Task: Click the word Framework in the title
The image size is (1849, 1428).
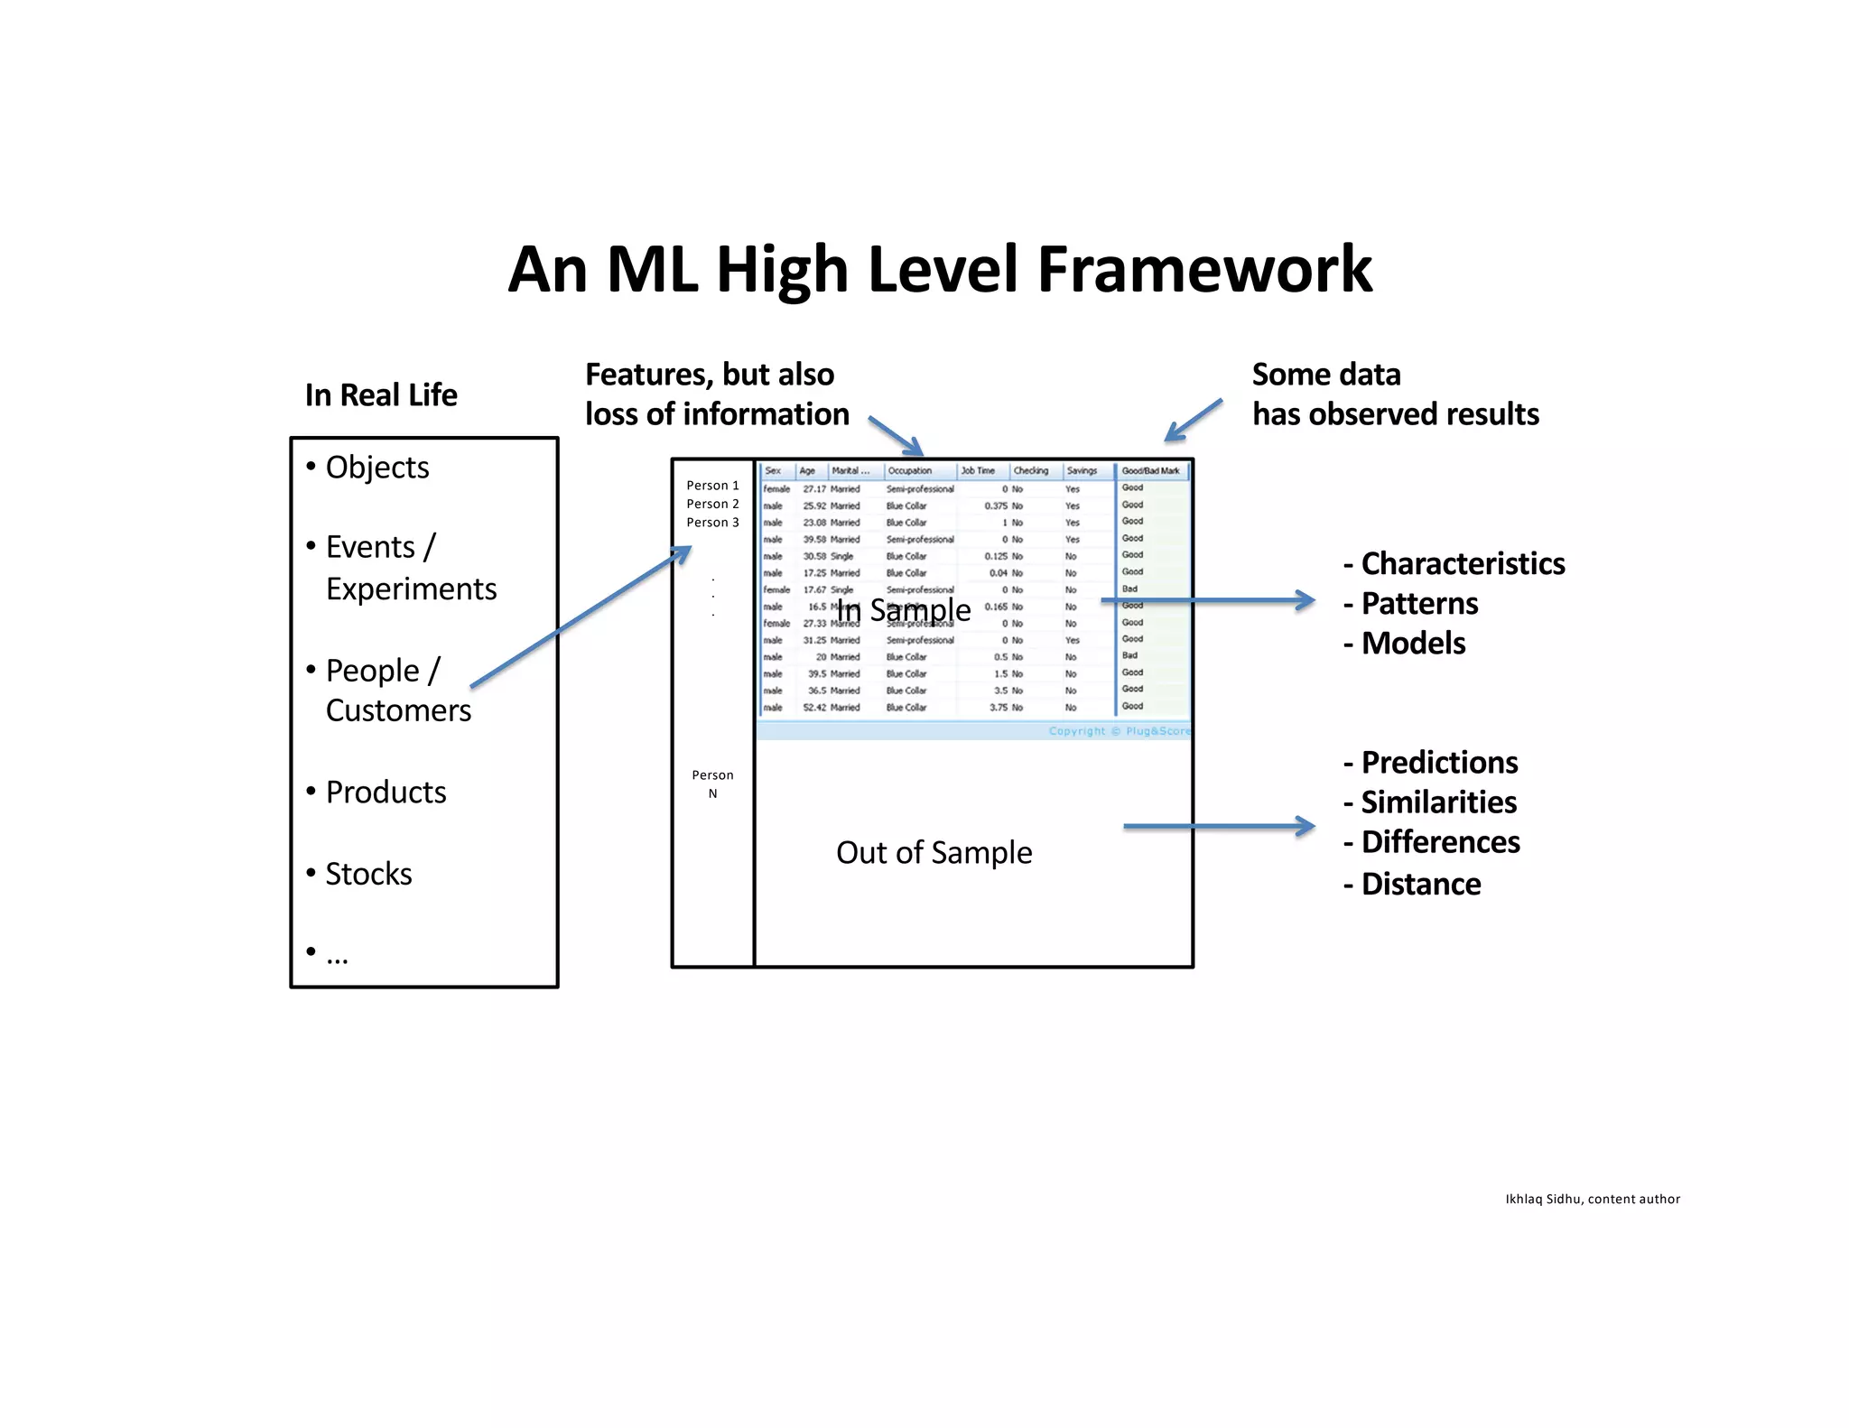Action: click(x=1204, y=270)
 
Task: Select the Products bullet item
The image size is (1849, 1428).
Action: click(x=386, y=792)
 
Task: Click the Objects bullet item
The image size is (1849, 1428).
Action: click(x=376, y=467)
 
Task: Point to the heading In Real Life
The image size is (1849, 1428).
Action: click(x=381, y=395)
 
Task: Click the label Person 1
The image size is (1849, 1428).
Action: click(x=712, y=486)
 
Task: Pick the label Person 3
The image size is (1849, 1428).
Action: click(x=712, y=523)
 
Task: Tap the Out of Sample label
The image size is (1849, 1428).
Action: click(x=934, y=852)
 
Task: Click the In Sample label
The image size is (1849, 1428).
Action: click(x=904, y=610)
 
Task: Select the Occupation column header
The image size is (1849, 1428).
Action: click(x=909, y=470)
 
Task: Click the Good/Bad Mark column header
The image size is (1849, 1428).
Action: click(x=1150, y=470)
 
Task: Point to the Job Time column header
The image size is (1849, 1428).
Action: click(x=978, y=470)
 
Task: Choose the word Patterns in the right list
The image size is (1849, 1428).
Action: click(x=1419, y=603)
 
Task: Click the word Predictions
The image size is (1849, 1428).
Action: click(x=1439, y=763)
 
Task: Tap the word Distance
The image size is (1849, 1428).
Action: click(x=1421, y=885)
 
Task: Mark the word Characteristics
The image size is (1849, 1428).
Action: click(x=1463, y=563)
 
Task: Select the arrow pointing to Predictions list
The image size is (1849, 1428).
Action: click(x=1219, y=826)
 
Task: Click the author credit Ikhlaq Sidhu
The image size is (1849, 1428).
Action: click(x=1593, y=1199)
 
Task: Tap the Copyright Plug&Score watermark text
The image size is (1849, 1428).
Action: click(x=1120, y=731)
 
